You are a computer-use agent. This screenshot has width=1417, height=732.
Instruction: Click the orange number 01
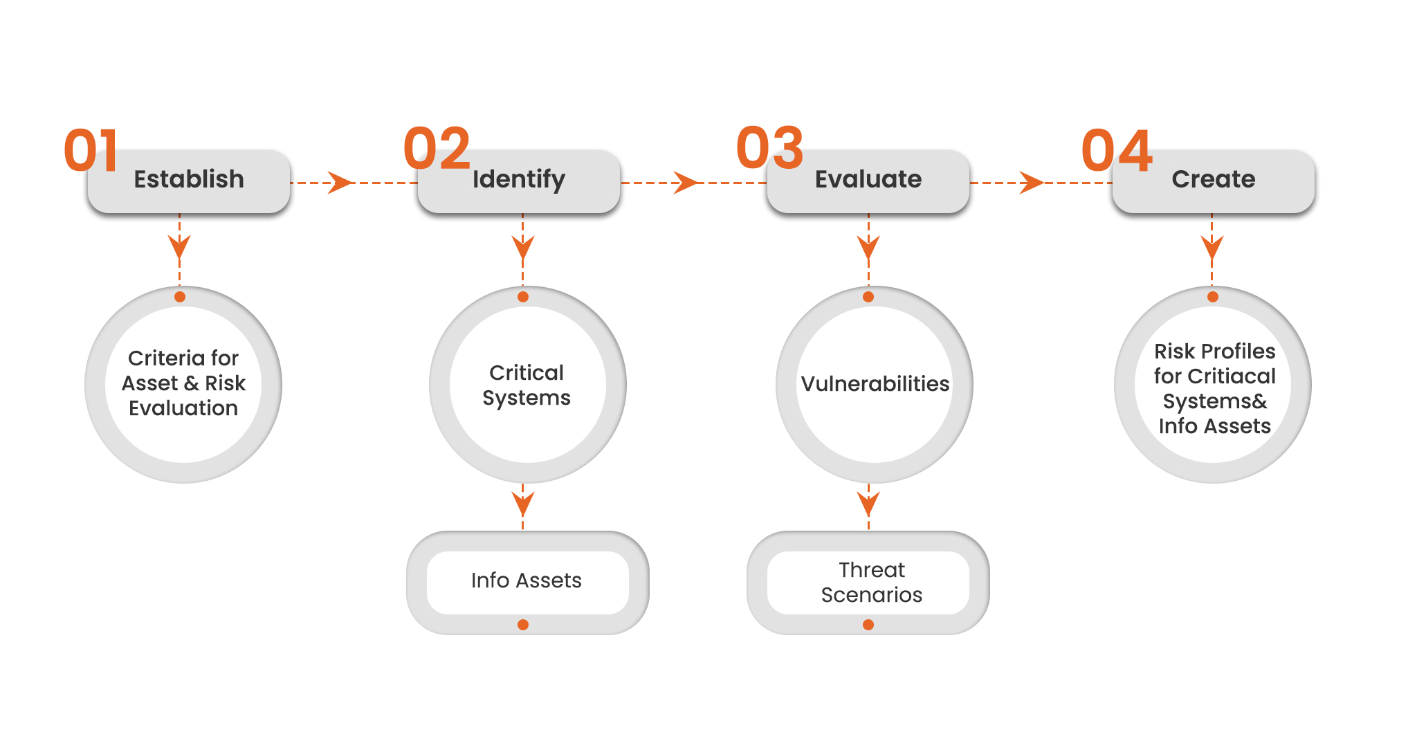tap(91, 150)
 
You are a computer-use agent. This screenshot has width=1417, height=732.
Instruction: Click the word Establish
tap(189, 179)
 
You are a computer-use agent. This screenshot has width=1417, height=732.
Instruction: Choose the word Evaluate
tap(868, 179)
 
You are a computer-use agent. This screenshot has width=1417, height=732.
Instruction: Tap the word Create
tap(1214, 179)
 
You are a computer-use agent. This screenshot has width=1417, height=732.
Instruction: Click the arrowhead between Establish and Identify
tap(340, 183)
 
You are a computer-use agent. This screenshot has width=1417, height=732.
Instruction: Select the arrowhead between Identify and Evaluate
tap(686, 183)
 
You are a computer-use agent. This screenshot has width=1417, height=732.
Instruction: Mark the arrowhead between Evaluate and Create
tap(1032, 183)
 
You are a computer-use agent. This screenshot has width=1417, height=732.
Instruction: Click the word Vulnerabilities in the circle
tap(875, 383)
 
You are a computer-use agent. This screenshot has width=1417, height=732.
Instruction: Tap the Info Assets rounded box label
tap(527, 580)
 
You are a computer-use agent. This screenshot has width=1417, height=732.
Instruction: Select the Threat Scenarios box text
tap(872, 583)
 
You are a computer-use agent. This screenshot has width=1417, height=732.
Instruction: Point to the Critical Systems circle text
tap(527, 385)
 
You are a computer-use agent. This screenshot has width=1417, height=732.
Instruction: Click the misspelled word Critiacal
tap(1232, 376)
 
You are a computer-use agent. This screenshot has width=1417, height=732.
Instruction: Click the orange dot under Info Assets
tap(523, 625)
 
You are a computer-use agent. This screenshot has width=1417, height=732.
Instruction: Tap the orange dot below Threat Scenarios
tap(868, 625)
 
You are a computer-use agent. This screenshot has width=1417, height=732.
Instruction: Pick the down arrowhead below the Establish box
tap(179, 246)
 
